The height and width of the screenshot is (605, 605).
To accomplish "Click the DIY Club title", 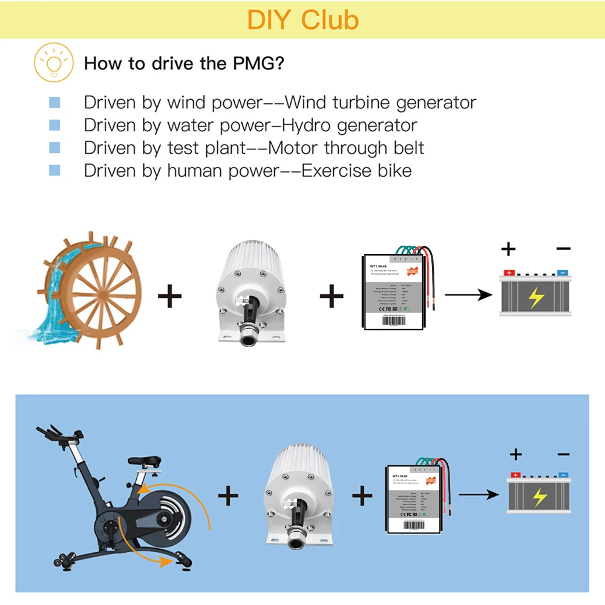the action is click(302, 19).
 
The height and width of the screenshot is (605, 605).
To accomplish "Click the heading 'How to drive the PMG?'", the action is click(183, 63).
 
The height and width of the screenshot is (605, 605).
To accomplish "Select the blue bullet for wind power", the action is click(54, 103).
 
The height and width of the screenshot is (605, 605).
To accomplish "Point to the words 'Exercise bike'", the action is click(356, 171).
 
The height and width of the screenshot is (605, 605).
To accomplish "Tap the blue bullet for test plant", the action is click(54, 148).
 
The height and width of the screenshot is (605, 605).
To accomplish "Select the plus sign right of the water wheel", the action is click(169, 296).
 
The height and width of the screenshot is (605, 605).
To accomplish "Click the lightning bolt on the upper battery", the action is click(535, 297).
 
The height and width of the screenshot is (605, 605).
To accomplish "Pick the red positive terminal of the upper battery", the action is click(508, 273).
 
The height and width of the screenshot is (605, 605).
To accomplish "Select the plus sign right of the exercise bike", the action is click(228, 496).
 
